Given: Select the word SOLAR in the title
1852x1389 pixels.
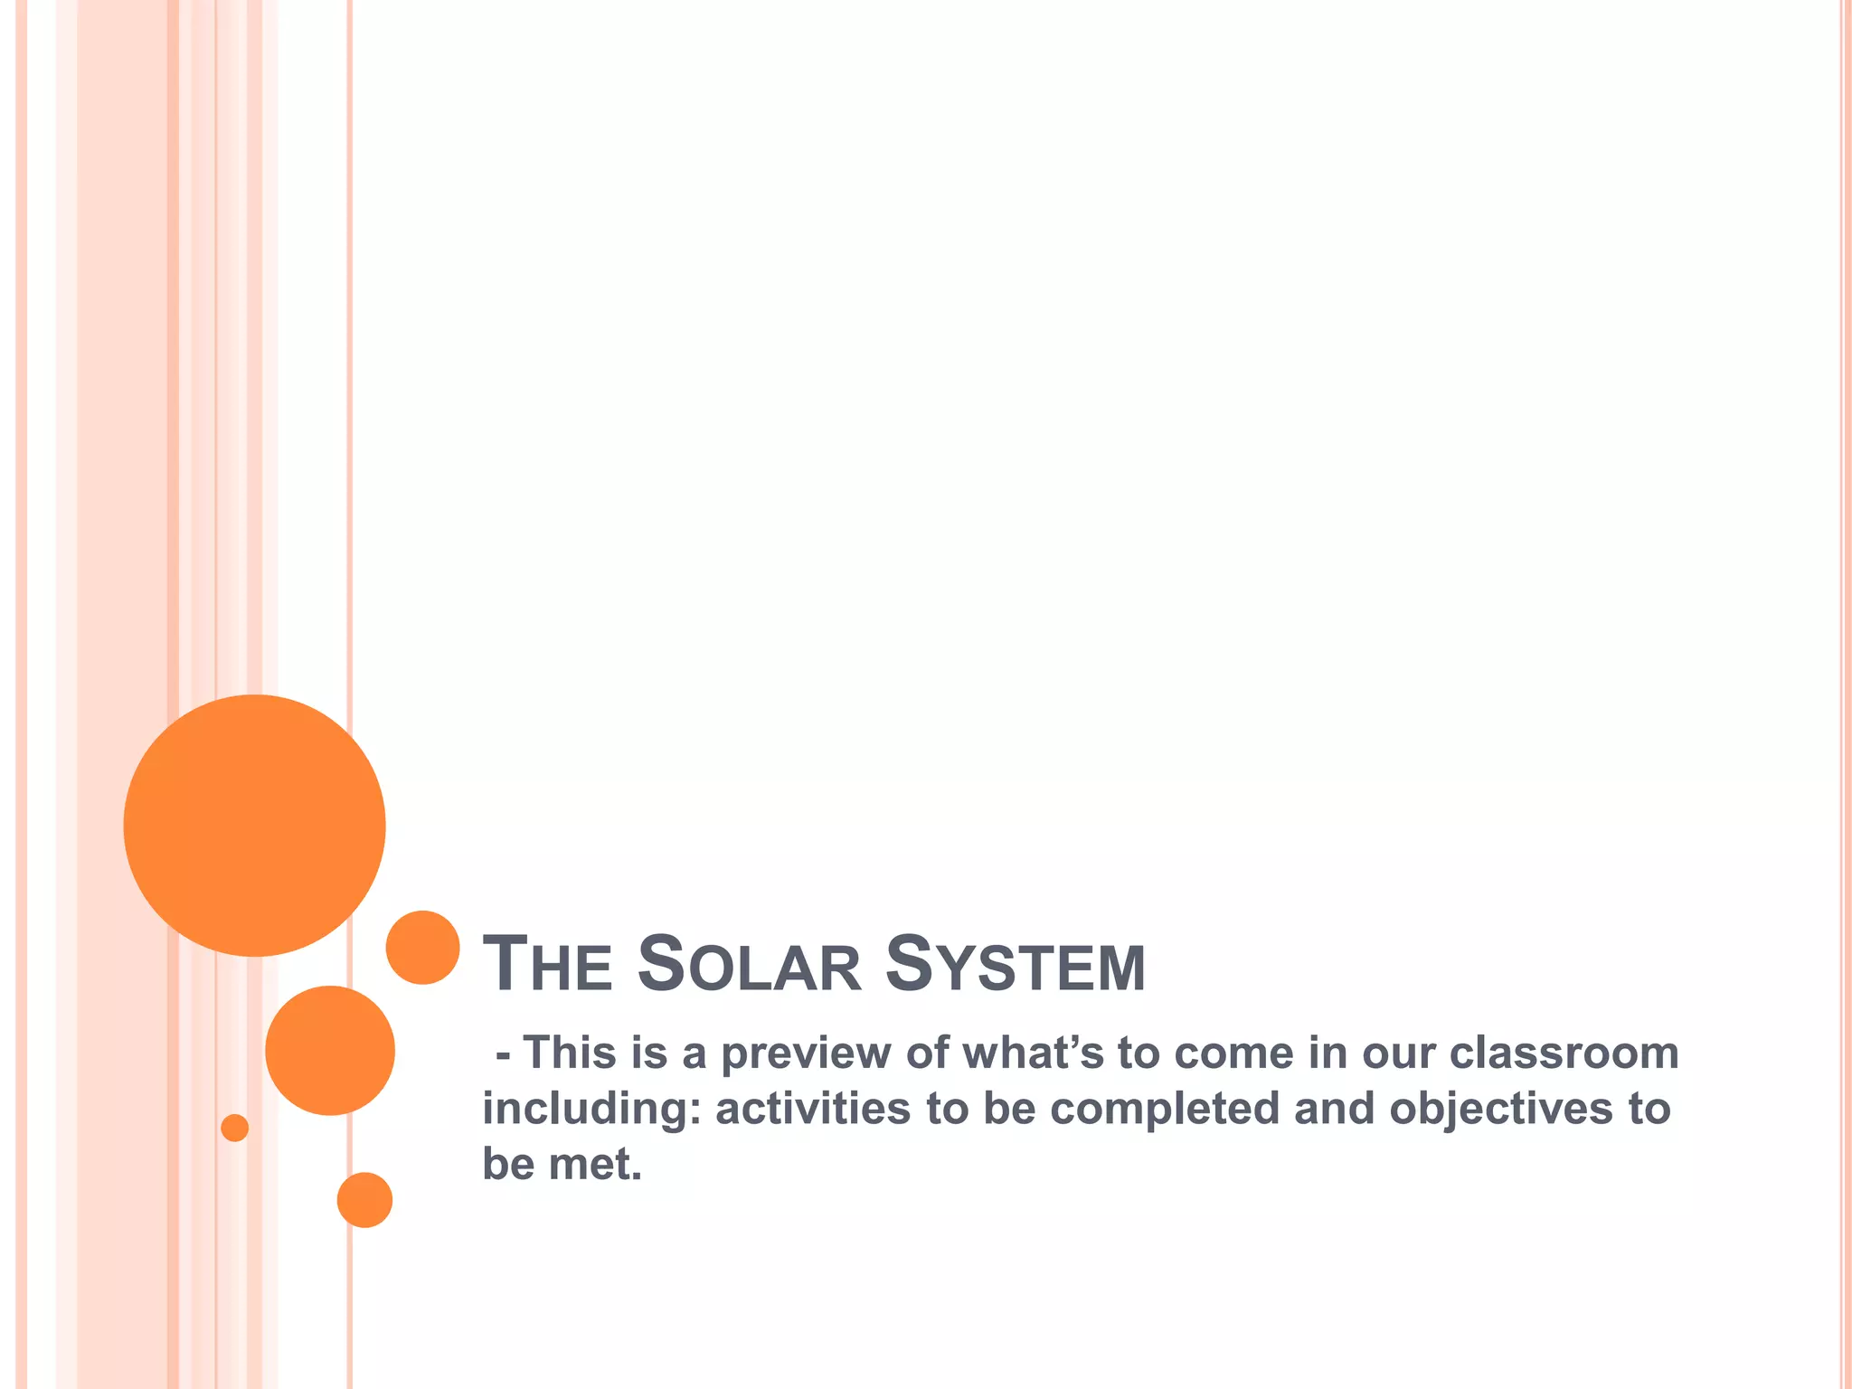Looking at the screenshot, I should [x=749, y=964].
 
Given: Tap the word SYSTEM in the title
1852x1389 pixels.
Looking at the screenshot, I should [x=1015, y=964].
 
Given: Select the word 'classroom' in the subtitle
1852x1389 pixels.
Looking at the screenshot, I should [x=1564, y=1053].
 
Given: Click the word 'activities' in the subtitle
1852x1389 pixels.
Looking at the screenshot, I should [x=812, y=1109].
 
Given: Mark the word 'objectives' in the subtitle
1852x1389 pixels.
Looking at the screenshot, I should [x=1500, y=1110].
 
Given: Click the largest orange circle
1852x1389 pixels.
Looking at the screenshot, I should [x=254, y=825].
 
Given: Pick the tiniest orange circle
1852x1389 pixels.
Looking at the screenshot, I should [x=234, y=1128].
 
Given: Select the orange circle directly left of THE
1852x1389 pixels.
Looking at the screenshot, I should [x=422, y=947].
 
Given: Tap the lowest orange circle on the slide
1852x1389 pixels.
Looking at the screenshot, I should [x=364, y=1200].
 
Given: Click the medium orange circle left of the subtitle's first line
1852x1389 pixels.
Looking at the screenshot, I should [x=330, y=1050].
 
